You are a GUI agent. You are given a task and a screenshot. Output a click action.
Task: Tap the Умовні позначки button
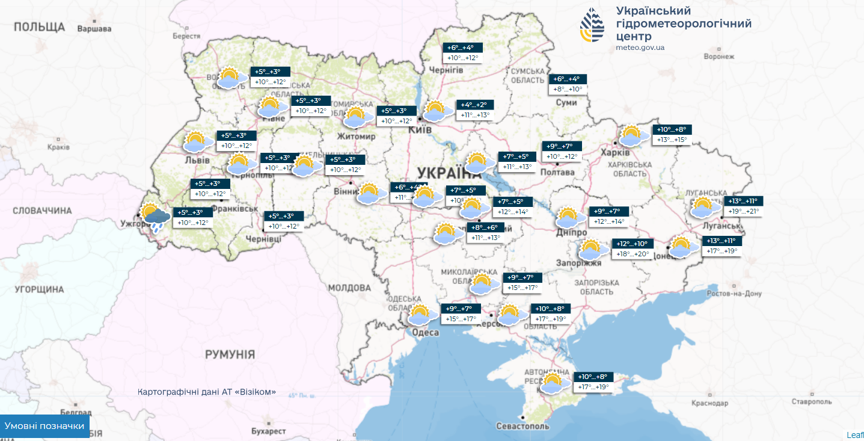44,426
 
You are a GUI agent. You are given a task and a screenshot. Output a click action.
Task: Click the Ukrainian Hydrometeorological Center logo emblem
593,25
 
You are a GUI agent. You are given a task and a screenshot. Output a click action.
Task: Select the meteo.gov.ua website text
640,48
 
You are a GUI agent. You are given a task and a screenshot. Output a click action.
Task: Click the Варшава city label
95,28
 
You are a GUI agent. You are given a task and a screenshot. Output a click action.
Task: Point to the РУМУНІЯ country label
230,354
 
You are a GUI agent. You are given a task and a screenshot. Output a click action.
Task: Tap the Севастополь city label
522,426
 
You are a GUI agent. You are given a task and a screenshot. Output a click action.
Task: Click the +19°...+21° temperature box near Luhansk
743,211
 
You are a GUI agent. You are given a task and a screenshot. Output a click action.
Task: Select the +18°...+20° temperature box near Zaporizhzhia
633,254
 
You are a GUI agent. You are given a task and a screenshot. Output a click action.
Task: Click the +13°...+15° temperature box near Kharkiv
671,140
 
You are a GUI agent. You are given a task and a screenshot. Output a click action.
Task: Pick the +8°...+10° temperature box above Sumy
568,89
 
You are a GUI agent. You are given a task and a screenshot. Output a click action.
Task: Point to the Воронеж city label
718,57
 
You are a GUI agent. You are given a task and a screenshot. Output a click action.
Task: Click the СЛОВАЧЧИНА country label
43,211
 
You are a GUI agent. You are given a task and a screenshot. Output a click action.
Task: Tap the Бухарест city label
269,431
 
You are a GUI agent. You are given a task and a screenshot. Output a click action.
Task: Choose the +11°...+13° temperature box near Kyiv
475,115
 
